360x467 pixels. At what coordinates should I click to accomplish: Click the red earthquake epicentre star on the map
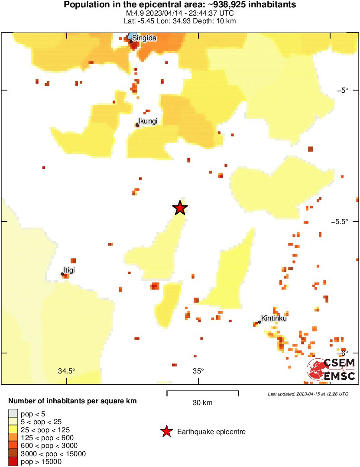180,208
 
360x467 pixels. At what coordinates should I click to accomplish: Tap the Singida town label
144,38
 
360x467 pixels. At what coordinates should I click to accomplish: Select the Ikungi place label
148,121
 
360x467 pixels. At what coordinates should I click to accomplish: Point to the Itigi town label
69,270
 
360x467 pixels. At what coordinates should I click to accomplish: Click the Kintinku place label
274,318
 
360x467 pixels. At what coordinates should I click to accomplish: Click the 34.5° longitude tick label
67,371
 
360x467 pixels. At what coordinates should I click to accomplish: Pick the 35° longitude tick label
198,371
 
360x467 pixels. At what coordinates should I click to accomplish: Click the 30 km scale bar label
202,403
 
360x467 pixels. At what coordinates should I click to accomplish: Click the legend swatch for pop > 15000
13,462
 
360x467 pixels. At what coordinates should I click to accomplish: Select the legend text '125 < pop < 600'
47,438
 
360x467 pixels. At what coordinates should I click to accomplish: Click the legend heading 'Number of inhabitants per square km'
73,401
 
